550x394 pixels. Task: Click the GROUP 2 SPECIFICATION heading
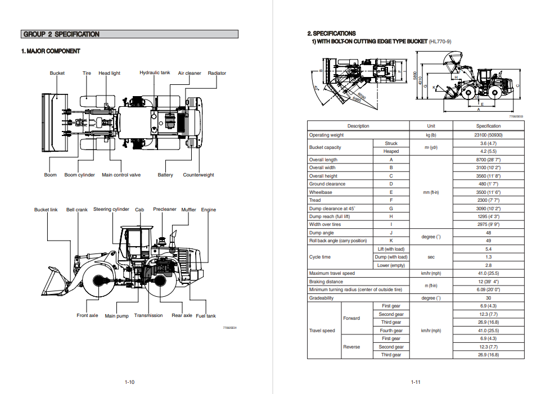pyautogui.click(x=61, y=34)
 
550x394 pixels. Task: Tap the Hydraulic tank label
pyautogui.click(x=155, y=73)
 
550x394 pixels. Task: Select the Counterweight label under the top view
pyautogui.click(x=198, y=175)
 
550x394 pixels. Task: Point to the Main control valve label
pyautogui.click(x=121, y=175)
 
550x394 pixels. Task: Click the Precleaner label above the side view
pyautogui.click(x=164, y=210)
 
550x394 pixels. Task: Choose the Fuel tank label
pyautogui.click(x=205, y=316)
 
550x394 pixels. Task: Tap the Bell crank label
pyautogui.click(x=77, y=210)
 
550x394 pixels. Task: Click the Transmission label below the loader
pyautogui.click(x=148, y=315)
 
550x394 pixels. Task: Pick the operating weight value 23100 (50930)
pyautogui.click(x=488, y=135)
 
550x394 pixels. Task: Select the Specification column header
pyautogui.click(x=488, y=126)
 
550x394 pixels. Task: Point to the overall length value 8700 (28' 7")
pyautogui.click(x=488, y=160)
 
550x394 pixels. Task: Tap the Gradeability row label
pyautogui.click(x=321, y=298)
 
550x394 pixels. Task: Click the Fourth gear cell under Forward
pyautogui.click(x=391, y=330)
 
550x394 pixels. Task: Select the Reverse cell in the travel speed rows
pyautogui.click(x=351, y=347)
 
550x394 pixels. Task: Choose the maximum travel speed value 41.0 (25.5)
pyautogui.click(x=488, y=273)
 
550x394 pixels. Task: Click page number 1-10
pyautogui.click(x=129, y=382)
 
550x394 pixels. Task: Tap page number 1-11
pyautogui.click(x=416, y=382)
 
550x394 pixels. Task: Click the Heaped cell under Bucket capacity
pyautogui.click(x=391, y=151)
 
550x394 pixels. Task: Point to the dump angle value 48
pyautogui.click(x=488, y=233)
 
